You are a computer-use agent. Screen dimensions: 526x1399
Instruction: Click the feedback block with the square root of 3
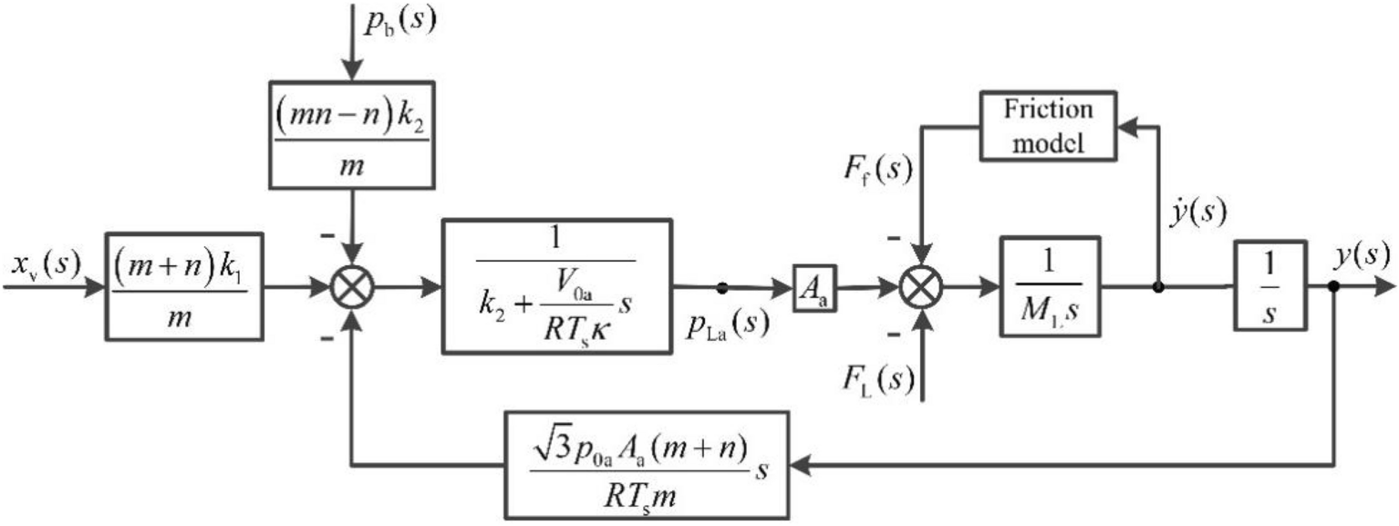coord(645,466)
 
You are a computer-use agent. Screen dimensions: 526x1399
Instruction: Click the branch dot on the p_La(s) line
coord(720,287)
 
